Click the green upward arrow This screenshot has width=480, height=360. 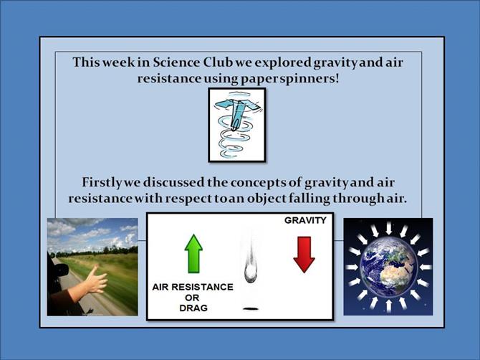(x=193, y=254)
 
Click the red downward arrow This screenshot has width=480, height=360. (x=304, y=255)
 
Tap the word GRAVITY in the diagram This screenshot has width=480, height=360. (x=305, y=220)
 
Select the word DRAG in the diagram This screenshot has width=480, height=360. (x=193, y=308)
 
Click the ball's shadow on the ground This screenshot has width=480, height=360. (x=251, y=308)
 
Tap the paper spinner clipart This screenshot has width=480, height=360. (x=237, y=125)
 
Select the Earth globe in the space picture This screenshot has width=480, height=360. (x=388, y=267)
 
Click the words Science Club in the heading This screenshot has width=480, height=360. (x=193, y=62)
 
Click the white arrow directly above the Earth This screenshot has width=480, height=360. (x=388, y=228)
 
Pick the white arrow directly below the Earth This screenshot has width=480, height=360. (x=388, y=305)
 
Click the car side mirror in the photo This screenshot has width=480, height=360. (x=61, y=269)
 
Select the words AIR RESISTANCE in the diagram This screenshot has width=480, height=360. (x=193, y=287)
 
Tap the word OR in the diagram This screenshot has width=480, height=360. (x=192, y=298)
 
